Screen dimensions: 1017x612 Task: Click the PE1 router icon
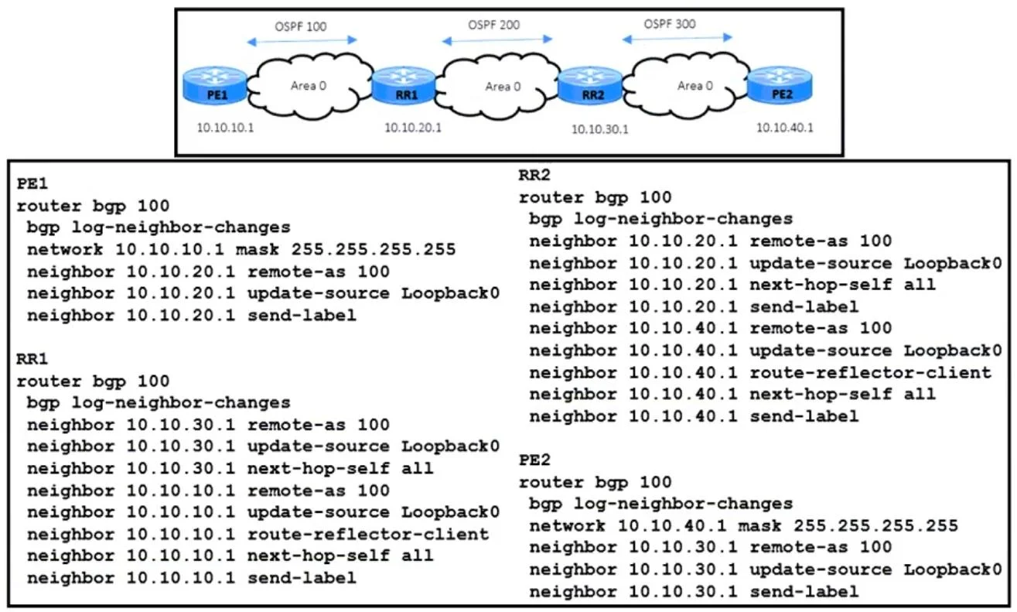pyautogui.click(x=215, y=85)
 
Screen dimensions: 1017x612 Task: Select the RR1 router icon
pyautogui.click(x=403, y=85)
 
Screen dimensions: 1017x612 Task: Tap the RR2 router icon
pyautogui.click(x=590, y=85)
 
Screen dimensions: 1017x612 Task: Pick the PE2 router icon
pyautogui.click(x=780, y=85)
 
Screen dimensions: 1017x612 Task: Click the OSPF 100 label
pyautogui.click(x=301, y=26)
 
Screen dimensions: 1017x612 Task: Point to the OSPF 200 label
pyautogui.click(x=494, y=25)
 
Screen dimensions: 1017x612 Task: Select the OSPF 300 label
pyautogui.click(x=670, y=24)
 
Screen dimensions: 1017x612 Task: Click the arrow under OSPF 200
pyautogui.click(x=497, y=40)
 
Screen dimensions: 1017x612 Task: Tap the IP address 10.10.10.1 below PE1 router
pyautogui.click(x=225, y=128)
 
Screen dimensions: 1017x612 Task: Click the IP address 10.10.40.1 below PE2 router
pyautogui.click(x=784, y=128)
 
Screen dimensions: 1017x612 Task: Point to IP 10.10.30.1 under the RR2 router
pyautogui.click(x=599, y=129)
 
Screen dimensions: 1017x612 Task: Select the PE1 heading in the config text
pyautogui.click(x=32, y=183)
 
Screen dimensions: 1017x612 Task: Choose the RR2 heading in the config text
pyautogui.click(x=534, y=175)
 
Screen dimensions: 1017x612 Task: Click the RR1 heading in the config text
pyautogui.click(x=32, y=359)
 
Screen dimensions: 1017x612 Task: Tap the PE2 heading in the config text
pyautogui.click(x=534, y=460)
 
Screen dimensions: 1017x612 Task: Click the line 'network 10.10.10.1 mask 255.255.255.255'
pyautogui.click(x=241, y=249)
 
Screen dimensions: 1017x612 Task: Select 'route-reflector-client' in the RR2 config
pyautogui.click(x=870, y=373)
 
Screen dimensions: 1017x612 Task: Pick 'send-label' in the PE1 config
pyautogui.click(x=302, y=316)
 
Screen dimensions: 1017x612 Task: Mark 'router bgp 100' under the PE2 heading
pyautogui.click(x=595, y=483)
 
